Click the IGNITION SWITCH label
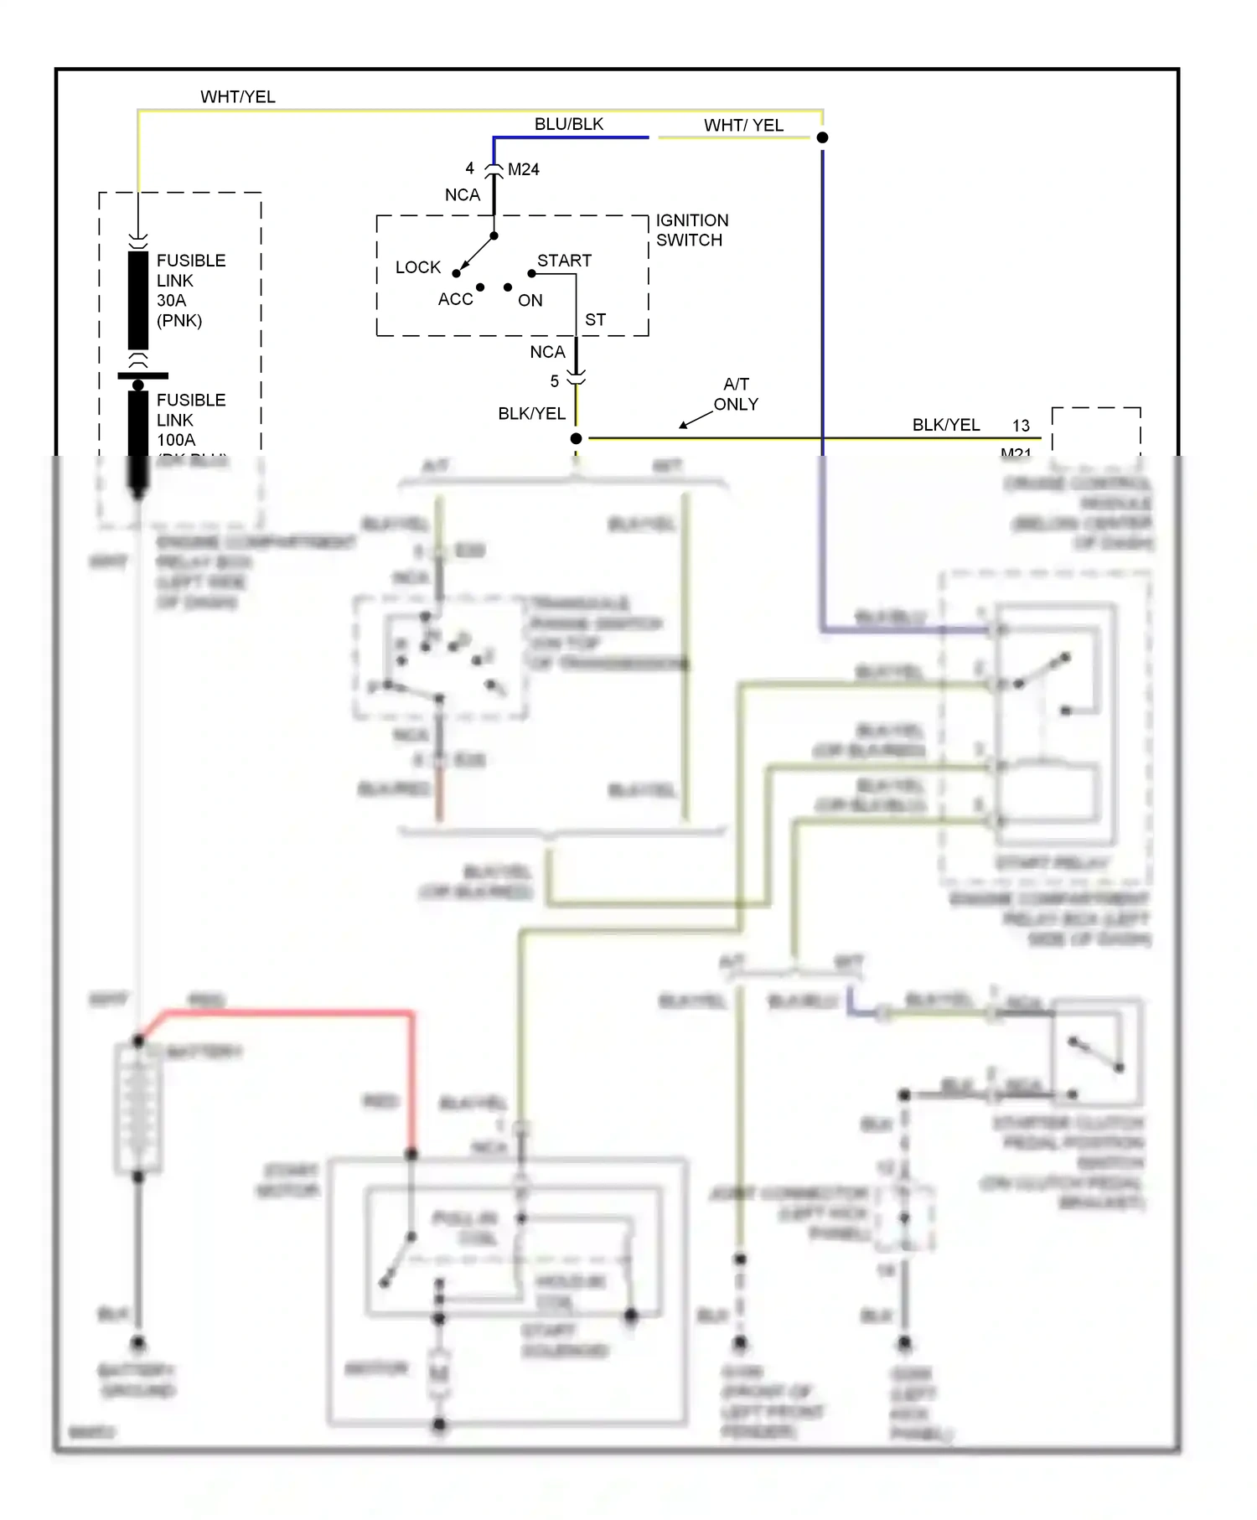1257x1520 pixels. pos(691,230)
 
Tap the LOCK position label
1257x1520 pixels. pos(417,267)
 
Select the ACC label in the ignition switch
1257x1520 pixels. pos(455,299)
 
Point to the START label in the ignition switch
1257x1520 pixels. pos(564,261)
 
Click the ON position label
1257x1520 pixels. pos(530,300)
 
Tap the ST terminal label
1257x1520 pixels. pos(595,320)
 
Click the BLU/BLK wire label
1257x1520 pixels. pos(568,124)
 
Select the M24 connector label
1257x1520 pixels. pos(523,169)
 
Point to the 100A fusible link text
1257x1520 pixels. pos(190,420)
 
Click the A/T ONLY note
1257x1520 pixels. pos(736,394)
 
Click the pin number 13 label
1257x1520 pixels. pos(1020,426)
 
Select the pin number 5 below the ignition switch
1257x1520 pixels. pos(554,381)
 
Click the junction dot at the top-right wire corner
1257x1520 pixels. pos(822,137)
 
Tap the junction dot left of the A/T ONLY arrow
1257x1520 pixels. pos(576,438)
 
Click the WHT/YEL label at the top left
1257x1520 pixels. pos(237,97)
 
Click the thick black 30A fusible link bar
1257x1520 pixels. pos(138,300)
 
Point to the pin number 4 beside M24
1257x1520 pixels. pos(469,168)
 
